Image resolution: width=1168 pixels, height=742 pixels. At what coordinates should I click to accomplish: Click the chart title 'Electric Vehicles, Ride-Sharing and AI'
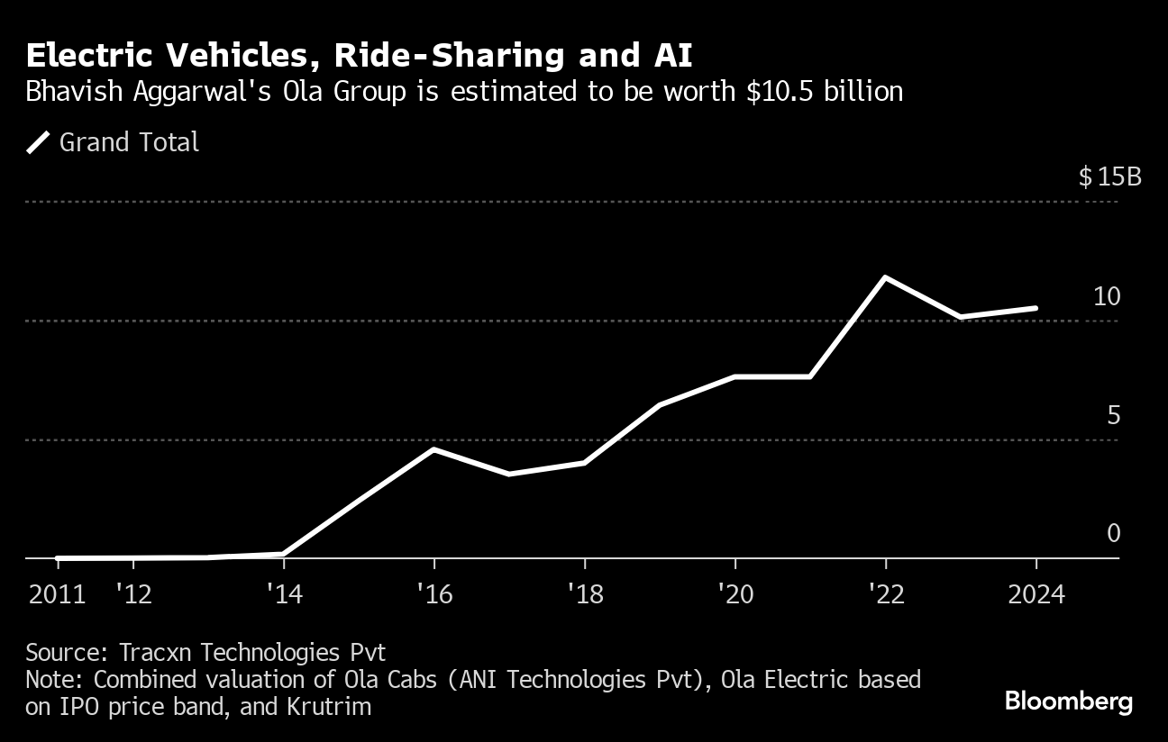click(x=359, y=56)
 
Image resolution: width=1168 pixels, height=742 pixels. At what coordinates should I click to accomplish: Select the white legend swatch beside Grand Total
click(x=38, y=142)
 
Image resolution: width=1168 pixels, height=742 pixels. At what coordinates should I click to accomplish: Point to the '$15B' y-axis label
click(x=1109, y=176)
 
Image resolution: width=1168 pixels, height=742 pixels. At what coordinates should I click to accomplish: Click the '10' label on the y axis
click(x=1106, y=296)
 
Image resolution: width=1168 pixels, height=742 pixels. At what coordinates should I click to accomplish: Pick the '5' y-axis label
click(x=1113, y=415)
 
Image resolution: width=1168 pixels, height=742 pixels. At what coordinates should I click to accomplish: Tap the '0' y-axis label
click(x=1113, y=534)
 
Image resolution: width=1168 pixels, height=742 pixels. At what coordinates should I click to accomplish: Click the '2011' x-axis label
click(x=57, y=595)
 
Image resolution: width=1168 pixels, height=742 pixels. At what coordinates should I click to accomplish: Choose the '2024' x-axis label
click(x=1036, y=595)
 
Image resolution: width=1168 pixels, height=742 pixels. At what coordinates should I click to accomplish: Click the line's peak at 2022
click(x=886, y=277)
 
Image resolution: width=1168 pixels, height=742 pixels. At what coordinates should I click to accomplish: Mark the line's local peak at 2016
click(x=434, y=448)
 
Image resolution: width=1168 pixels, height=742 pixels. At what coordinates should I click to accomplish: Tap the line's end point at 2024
click(x=1036, y=308)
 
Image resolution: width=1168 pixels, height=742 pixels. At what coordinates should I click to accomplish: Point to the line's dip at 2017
click(x=509, y=474)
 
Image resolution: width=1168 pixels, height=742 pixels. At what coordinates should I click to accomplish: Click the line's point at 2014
click(x=283, y=554)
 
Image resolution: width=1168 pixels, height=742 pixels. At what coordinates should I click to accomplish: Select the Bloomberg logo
click(x=1068, y=701)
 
